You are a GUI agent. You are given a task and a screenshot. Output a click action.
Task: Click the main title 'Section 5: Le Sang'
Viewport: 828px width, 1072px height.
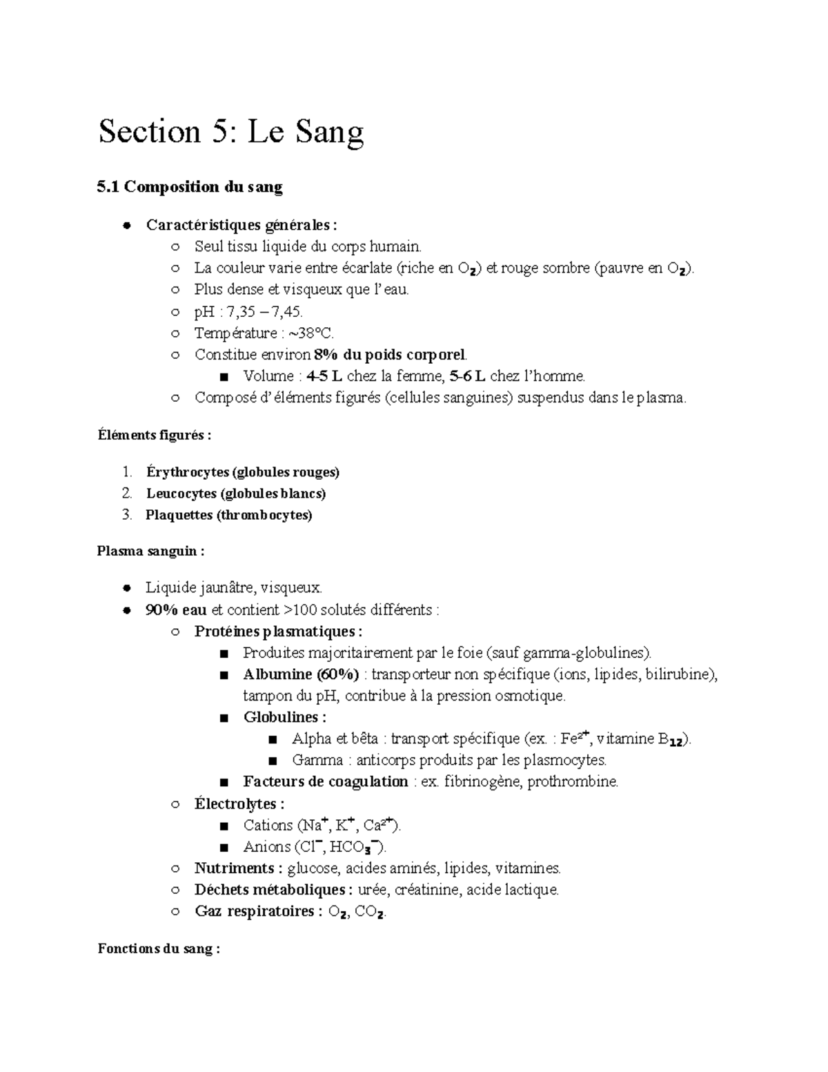230,132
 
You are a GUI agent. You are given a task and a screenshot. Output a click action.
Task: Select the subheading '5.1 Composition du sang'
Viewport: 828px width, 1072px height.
190,186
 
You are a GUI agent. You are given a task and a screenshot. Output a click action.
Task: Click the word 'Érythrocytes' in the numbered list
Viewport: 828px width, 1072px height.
188,472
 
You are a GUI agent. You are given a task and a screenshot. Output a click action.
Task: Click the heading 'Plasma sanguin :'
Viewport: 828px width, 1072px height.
151,552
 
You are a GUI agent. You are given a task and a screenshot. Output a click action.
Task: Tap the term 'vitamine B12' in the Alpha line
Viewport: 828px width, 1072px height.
641,739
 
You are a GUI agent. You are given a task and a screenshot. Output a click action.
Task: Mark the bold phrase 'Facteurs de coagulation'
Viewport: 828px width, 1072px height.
326,781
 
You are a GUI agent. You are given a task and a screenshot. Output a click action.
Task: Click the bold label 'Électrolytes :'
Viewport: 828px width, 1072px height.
239,803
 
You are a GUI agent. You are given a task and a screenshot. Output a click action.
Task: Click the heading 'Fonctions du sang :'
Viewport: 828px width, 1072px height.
159,948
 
